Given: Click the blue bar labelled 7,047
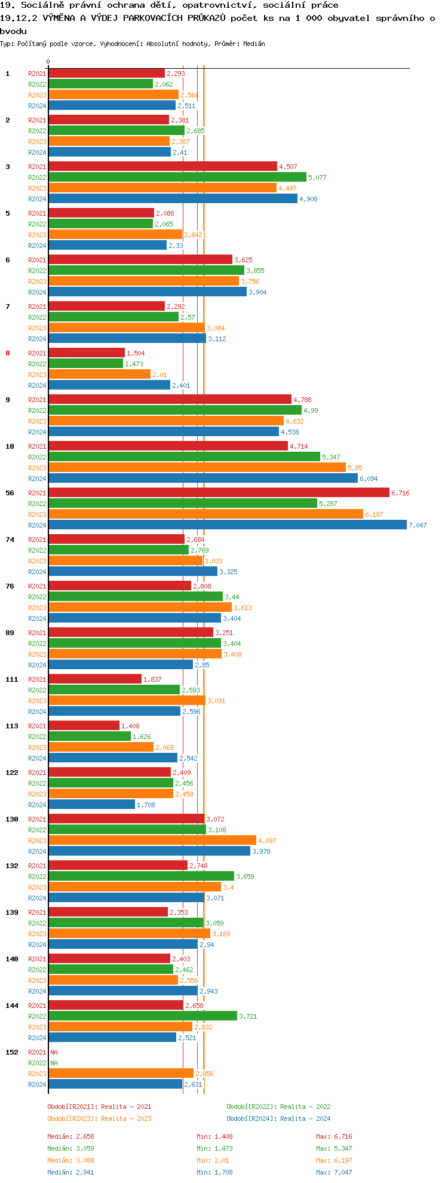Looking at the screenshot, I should click(227, 525).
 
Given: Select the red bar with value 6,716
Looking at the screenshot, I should click(219, 492).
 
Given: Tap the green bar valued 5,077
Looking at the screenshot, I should click(177, 177).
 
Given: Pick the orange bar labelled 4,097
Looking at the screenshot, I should click(152, 840).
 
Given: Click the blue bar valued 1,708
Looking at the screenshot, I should click(91, 804).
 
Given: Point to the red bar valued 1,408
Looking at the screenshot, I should click(84, 725).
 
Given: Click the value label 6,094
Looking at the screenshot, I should click(369, 479).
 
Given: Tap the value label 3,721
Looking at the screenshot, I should click(248, 1016).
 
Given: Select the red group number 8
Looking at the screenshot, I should click(8, 353).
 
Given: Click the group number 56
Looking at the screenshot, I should click(10, 493).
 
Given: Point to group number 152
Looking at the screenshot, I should click(12, 1052).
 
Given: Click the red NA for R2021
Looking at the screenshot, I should click(54, 1052).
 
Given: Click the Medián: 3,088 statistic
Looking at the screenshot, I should click(71, 1160).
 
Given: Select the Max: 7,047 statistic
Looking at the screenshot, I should click(334, 1172).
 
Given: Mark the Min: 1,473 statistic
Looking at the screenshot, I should click(214, 1148).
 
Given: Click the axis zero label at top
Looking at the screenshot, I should click(48, 62).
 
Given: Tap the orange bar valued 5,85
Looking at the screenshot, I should click(197, 467).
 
